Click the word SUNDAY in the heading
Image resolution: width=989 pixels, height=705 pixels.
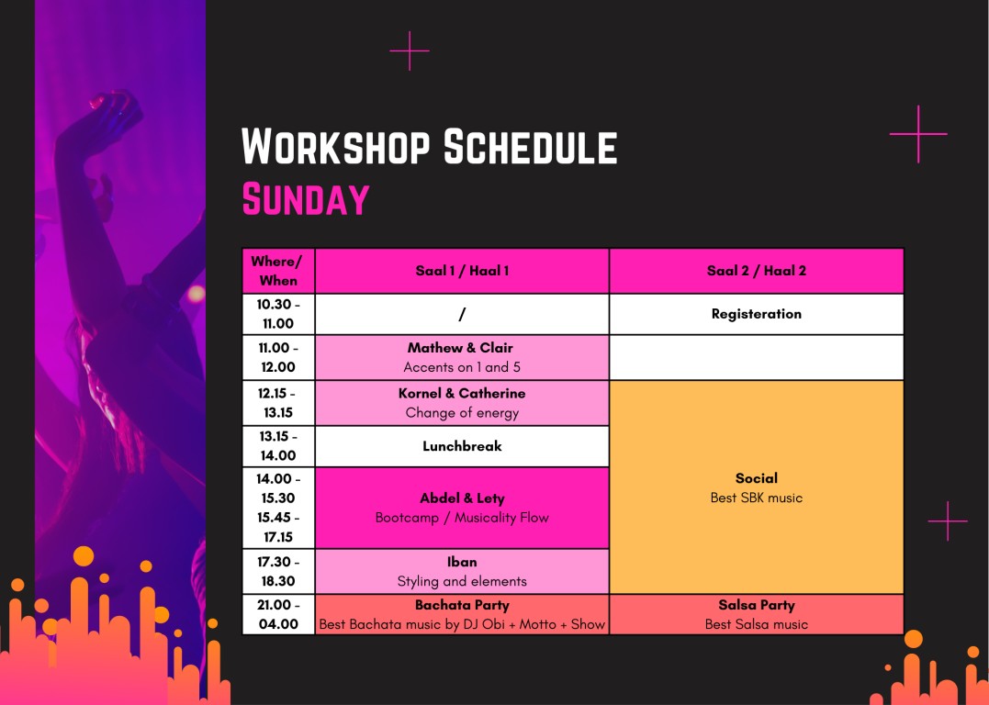pyautogui.click(x=306, y=198)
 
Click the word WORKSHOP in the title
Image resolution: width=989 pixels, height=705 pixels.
pyautogui.click(x=335, y=146)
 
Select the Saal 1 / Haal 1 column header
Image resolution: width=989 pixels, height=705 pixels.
pyautogui.click(x=462, y=271)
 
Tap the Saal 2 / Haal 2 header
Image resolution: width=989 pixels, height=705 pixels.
pyautogui.click(x=757, y=271)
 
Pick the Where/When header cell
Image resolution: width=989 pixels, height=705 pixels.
pyautogui.click(x=278, y=271)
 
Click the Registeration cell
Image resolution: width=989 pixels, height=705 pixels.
pyautogui.click(x=757, y=314)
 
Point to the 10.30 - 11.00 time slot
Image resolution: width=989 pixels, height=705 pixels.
pyautogui.click(x=278, y=314)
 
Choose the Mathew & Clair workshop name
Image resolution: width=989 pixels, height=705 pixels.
pyautogui.click(x=460, y=348)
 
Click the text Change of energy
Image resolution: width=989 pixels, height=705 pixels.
pyautogui.click(x=462, y=413)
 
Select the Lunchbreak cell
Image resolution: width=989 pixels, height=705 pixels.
pyautogui.click(x=462, y=446)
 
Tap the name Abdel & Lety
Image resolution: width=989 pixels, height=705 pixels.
pyautogui.click(x=462, y=498)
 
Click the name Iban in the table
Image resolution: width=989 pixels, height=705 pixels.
pyautogui.click(x=462, y=562)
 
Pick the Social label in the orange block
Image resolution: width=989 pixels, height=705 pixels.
pyautogui.click(x=757, y=478)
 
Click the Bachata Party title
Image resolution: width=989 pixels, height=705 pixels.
pyautogui.click(x=462, y=605)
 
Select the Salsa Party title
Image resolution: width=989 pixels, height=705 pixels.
pyautogui.click(x=757, y=605)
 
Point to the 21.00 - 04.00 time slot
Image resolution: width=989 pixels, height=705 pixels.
pyautogui.click(x=278, y=614)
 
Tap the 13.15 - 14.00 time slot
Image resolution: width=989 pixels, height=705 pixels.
pyautogui.click(x=278, y=446)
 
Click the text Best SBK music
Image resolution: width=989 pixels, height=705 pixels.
pyautogui.click(x=757, y=498)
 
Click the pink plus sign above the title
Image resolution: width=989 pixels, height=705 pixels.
pyautogui.click(x=410, y=50)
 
